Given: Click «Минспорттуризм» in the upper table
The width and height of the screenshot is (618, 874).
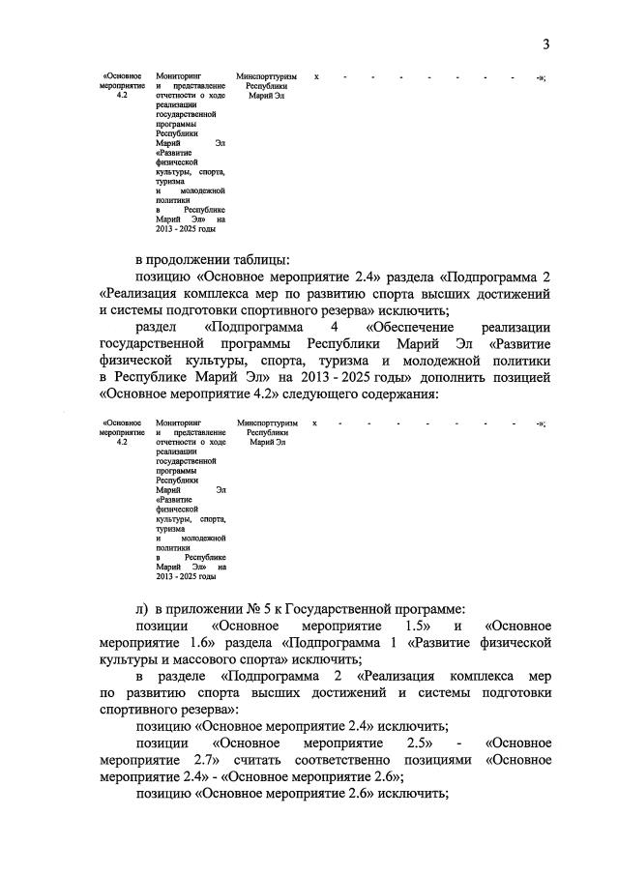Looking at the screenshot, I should pos(266,75).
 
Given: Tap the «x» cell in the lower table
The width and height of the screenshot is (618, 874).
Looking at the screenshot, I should pos(314,423).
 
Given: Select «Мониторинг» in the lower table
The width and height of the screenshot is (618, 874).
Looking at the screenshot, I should pos(177,423).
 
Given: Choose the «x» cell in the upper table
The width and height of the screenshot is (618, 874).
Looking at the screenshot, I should pos(315,75).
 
